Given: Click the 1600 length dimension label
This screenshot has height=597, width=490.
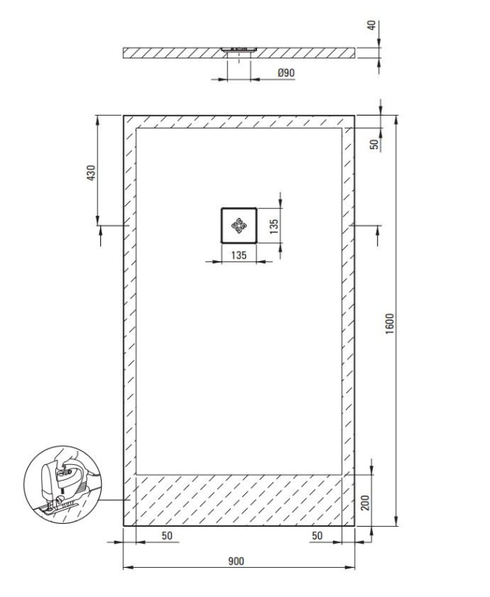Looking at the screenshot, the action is (x=390, y=324).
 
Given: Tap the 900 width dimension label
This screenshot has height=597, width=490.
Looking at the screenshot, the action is (x=236, y=561).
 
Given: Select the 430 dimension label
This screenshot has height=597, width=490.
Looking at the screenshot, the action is (x=91, y=172).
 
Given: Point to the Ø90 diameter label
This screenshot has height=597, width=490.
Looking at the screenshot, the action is (x=286, y=72).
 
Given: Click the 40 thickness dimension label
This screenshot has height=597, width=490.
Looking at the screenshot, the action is (x=371, y=25).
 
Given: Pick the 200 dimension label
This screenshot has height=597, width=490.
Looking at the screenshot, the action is (x=365, y=503).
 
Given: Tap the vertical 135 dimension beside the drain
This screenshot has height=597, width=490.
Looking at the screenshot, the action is (x=274, y=226).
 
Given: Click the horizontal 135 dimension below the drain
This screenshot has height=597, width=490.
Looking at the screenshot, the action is (x=239, y=255).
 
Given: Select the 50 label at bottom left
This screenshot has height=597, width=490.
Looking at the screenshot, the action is (x=167, y=535).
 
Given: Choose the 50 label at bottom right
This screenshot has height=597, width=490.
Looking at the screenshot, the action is (x=317, y=535).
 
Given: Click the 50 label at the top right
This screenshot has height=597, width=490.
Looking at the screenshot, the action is (x=375, y=144).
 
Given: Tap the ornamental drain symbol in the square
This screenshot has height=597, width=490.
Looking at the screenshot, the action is (x=239, y=226).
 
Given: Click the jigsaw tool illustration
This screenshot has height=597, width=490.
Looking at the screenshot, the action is (x=63, y=484).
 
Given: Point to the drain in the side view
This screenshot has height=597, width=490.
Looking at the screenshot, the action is (x=239, y=49).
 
